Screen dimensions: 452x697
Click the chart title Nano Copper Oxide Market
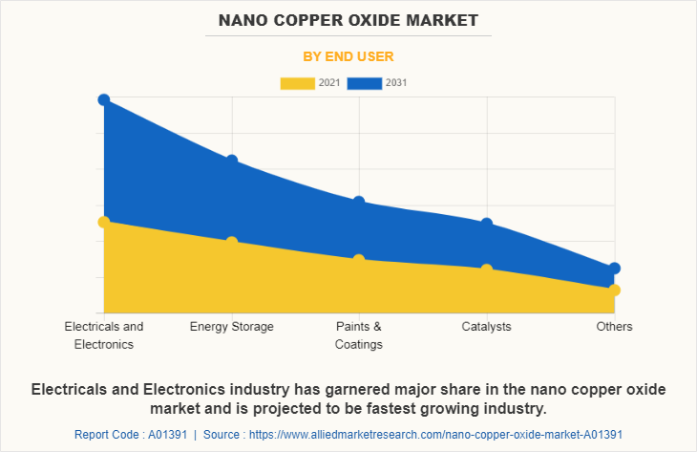click(348, 19)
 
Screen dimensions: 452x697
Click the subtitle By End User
click(348, 56)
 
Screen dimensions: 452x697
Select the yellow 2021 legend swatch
click(297, 83)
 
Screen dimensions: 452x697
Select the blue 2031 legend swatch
click(365, 83)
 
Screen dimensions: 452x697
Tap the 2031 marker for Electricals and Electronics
click(104, 99)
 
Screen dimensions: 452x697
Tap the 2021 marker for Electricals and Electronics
click(104, 222)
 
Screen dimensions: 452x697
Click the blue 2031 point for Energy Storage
click(231, 161)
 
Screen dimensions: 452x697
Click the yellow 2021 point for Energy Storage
click(231, 242)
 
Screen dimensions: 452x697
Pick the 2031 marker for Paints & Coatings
click(359, 202)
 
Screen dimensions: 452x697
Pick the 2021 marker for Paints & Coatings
click(359, 260)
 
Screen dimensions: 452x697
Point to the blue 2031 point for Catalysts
click(487, 224)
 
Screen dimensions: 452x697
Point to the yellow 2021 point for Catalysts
click(487, 269)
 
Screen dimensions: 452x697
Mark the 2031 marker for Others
click(615, 269)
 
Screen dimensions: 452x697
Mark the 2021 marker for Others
click(615, 290)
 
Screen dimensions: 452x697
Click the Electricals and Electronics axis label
click(104, 335)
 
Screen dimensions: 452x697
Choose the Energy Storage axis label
click(231, 327)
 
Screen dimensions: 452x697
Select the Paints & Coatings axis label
click(359, 335)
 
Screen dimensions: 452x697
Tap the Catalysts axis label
click(487, 327)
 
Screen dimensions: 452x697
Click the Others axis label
click(615, 327)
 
